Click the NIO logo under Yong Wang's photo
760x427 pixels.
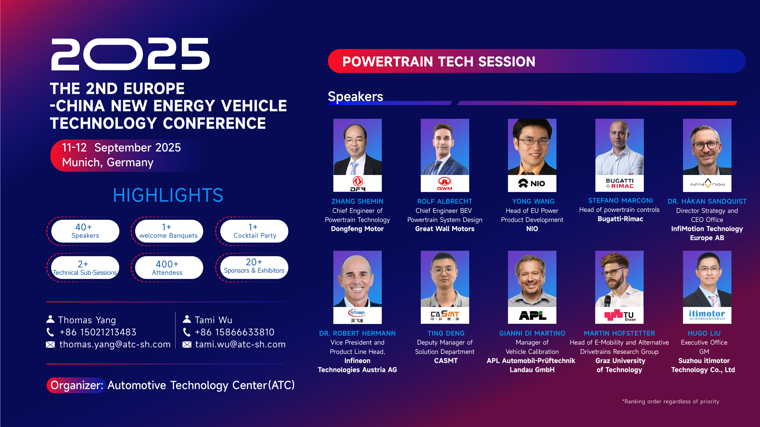point(532,183)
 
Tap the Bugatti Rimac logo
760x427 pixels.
point(619,183)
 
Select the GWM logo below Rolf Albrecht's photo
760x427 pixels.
point(445,183)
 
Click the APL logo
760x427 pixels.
point(532,315)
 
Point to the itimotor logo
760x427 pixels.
point(707,315)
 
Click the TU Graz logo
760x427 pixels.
point(620,315)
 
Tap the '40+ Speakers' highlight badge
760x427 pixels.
point(85,231)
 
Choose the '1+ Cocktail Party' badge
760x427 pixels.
point(254,231)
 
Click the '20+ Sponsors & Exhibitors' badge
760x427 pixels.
point(254,268)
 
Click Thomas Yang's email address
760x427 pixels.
point(115,344)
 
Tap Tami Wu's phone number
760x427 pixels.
point(234,332)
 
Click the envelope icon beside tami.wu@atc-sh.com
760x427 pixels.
point(187,345)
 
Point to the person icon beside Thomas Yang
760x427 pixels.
point(50,319)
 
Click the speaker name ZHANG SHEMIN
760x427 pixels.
point(357,201)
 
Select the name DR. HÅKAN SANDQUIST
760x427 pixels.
point(707,201)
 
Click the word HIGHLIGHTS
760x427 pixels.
point(168,195)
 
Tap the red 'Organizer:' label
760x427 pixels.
point(77,385)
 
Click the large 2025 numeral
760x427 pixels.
point(130,54)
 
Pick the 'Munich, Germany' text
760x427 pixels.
point(108,162)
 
